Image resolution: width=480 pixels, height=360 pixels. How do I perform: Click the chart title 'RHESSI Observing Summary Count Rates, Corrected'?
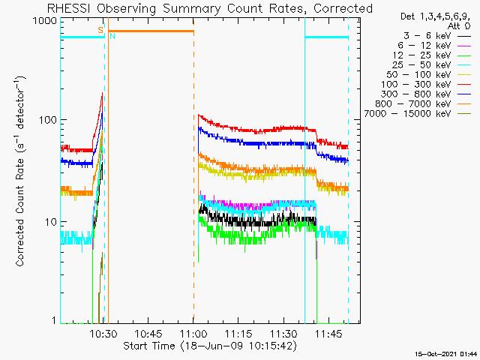pyautogui.click(x=209, y=8)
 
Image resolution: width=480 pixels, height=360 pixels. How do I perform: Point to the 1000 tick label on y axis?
pyautogui.click(x=42, y=22)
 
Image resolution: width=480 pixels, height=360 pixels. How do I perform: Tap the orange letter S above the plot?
pyautogui.click(x=100, y=29)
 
